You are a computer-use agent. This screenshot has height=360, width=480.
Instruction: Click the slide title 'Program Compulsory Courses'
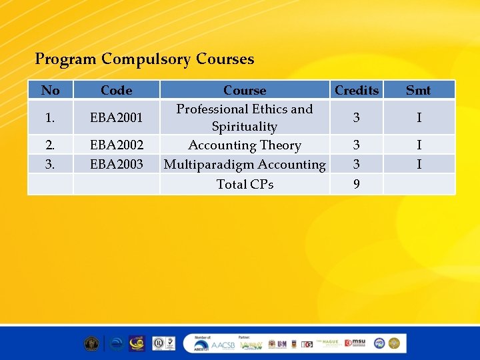click(145, 59)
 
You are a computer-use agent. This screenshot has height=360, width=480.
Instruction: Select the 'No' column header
click(50, 90)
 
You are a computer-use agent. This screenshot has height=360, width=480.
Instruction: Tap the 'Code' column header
click(116, 90)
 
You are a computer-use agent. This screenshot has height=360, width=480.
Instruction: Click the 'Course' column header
click(245, 90)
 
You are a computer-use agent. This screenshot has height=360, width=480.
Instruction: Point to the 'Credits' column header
click(357, 90)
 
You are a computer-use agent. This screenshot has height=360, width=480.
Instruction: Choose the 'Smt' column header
click(418, 90)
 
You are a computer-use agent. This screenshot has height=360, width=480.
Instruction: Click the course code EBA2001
click(116, 118)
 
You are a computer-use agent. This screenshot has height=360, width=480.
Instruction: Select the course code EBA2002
click(116, 145)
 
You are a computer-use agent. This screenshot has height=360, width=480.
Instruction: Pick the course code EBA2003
click(116, 164)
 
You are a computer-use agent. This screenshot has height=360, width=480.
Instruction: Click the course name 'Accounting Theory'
click(245, 145)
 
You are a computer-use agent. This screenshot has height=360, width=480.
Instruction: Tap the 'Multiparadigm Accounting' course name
click(245, 164)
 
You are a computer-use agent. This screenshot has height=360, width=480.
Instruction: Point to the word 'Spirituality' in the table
click(245, 126)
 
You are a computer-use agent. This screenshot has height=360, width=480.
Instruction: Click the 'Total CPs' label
click(245, 184)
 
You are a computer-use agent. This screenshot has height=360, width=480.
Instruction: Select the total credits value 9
click(357, 184)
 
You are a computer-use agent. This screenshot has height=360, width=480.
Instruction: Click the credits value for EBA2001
click(357, 118)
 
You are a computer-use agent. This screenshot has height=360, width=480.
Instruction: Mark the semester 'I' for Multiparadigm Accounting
click(419, 164)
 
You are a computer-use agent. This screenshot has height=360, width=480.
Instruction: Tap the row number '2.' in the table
click(50, 145)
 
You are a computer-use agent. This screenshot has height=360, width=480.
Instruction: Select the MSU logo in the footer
click(355, 343)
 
